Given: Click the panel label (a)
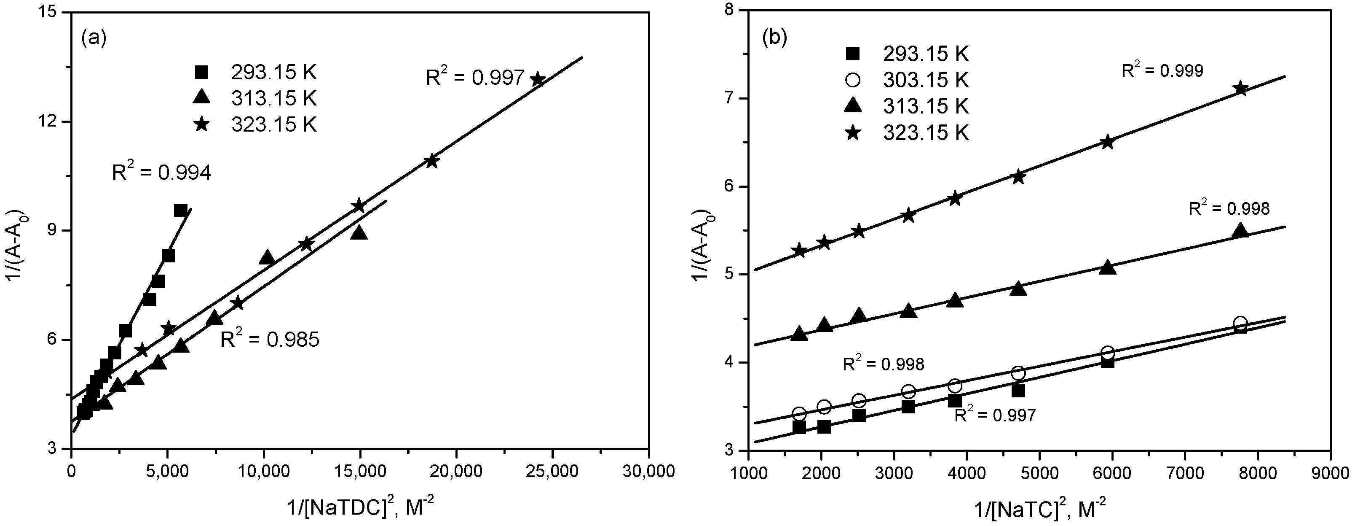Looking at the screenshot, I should click(94, 38).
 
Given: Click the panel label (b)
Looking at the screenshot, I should click(775, 38).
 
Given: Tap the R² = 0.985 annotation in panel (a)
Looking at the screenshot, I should click(269, 340).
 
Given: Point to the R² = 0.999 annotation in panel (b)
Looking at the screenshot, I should click(1162, 70).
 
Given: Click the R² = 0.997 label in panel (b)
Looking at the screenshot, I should click(995, 415).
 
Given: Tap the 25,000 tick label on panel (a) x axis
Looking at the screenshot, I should click(552, 471).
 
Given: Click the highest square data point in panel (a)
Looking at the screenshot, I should click(180, 210).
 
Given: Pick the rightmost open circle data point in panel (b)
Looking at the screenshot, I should click(1240, 323).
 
